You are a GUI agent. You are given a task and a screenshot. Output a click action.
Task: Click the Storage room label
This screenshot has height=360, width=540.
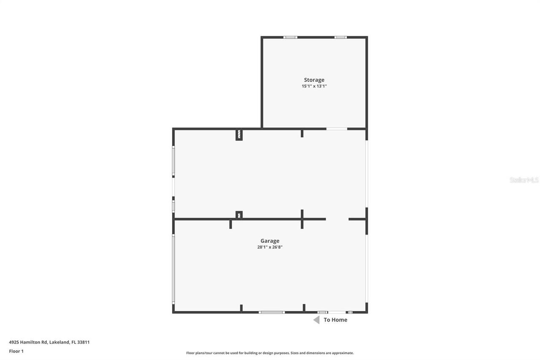(x=314, y=80)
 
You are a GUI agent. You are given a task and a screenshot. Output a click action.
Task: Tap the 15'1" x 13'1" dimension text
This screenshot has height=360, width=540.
(x=314, y=86)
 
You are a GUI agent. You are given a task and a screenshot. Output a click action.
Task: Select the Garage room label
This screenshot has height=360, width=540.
(x=270, y=241)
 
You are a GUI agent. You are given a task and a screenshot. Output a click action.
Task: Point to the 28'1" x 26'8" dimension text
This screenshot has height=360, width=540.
(x=270, y=247)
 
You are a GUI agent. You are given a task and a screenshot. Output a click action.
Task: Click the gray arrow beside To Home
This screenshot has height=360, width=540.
(x=316, y=320)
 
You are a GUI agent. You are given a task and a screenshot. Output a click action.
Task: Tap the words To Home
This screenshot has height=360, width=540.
(x=335, y=320)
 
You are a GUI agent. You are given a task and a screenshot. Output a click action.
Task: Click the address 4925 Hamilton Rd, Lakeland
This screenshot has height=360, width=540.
(x=49, y=342)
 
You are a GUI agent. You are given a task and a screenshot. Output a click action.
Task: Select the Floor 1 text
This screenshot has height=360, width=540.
(x=16, y=351)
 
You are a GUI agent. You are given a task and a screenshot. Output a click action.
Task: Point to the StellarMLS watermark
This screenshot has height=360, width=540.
(x=524, y=180)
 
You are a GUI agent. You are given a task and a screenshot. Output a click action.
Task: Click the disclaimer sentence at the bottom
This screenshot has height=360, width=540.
(x=270, y=353)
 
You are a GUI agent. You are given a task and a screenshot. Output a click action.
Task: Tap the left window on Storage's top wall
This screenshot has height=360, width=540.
(x=290, y=37)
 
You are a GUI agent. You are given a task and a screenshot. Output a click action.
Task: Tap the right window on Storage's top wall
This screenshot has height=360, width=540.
(x=340, y=37)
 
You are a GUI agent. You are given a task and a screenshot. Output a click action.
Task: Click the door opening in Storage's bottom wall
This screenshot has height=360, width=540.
(x=337, y=128)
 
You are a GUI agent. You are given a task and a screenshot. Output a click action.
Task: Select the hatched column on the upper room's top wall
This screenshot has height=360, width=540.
(x=239, y=135)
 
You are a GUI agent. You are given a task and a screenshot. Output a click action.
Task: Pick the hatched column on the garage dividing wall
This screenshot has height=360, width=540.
(x=239, y=215)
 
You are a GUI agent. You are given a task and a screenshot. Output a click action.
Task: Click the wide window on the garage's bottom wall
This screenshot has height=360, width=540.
(x=272, y=312)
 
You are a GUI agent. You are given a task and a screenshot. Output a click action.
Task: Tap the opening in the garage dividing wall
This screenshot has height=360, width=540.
(x=337, y=219)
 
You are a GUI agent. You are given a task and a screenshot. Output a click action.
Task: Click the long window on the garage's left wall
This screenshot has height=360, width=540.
(x=173, y=269)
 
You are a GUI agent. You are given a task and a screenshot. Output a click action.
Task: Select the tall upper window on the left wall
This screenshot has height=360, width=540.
(x=173, y=161)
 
